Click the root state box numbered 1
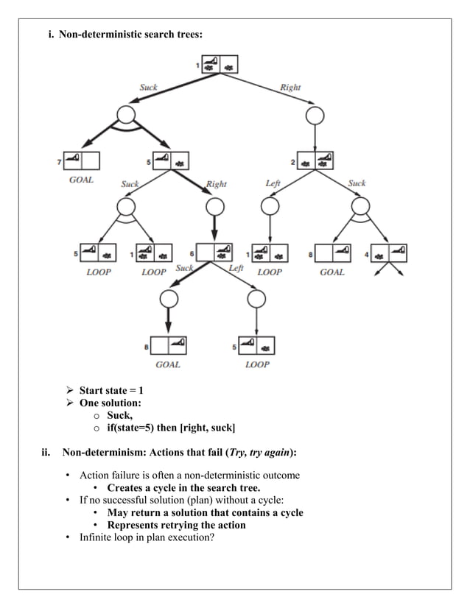(220, 66)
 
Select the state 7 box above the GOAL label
(81, 160)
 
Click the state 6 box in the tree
(216, 252)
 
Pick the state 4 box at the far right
(389, 253)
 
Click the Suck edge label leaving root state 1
(148, 87)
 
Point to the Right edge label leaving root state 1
(290, 87)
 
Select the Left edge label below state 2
(273, 183)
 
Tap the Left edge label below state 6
(236, 268)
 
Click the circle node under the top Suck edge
(126, 114)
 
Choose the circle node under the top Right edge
(315, 115)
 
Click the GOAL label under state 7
(81, 180)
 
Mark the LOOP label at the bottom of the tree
(256, 364)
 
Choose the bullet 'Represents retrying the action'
(176, 525)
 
